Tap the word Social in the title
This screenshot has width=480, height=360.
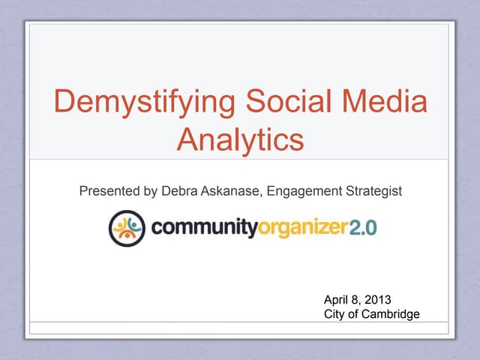point(281,103)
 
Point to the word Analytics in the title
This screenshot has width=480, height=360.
point(241,139)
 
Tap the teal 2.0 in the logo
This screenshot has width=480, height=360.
point(362,227)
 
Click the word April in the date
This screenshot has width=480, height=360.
point(336,301)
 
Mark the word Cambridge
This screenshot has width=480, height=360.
point(391,314)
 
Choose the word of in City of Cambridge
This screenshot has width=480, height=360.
point(354,314)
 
